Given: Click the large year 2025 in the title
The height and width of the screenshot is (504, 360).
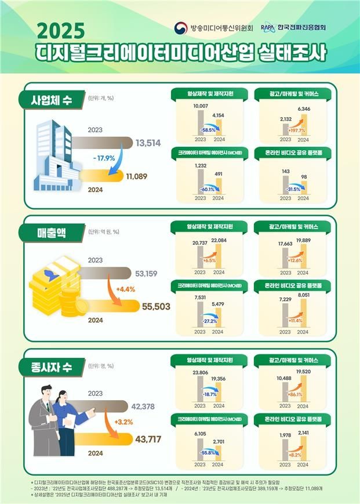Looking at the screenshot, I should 60,30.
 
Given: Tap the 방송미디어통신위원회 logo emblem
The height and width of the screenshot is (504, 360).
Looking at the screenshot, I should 180,28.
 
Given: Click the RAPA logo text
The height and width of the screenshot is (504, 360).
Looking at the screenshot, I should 267,27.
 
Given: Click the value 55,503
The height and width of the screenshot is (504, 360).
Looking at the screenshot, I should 156,306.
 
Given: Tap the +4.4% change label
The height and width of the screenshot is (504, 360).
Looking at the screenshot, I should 125,289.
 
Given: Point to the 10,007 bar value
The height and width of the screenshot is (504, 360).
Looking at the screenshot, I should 199,106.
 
